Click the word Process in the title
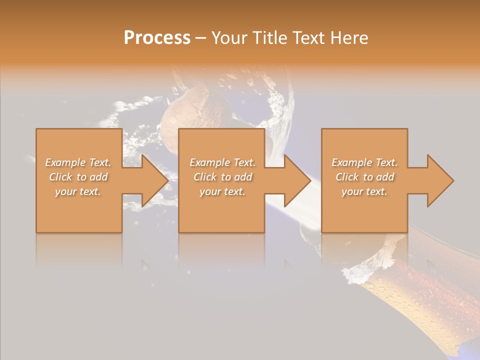[x=157, y=38]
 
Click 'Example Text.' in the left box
[x=78, y=162]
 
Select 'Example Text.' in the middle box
[x=222, y=162]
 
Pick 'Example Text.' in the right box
[x=364, y=162]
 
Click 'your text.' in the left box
[x=78, y=191]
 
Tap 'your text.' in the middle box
[x=222, y=191]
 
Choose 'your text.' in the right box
[x=364, y=191]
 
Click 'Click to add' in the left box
[x=78, y=177]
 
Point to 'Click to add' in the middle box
[x=222, y=177]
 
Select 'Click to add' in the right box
[x=364, y=177]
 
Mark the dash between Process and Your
[x=201, y=38]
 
